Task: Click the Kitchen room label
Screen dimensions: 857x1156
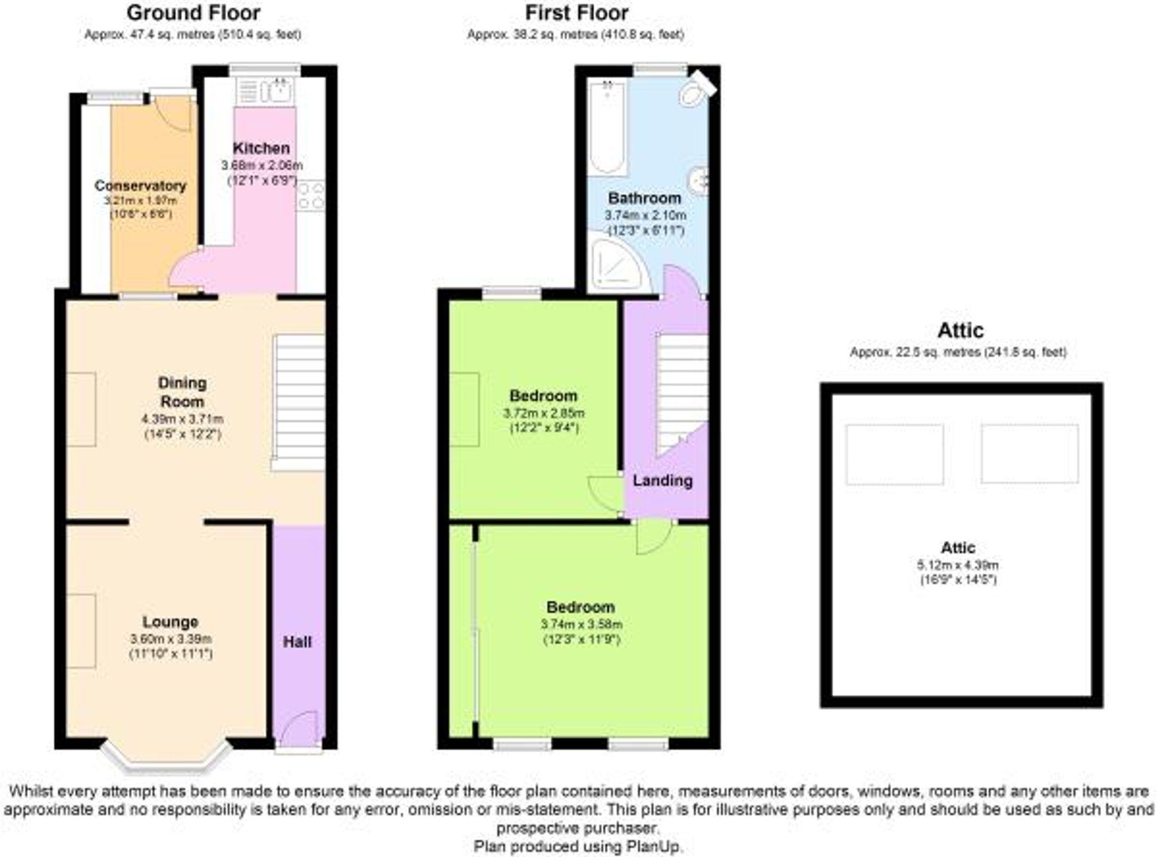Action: [x=261, y=148]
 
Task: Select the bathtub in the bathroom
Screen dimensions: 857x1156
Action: [x=607, y=127]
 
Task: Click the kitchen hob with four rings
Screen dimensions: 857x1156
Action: [x=310, y=196]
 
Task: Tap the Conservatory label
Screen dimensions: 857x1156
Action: [x=140, y=186]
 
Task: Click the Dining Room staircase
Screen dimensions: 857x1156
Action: [x=298, y=402]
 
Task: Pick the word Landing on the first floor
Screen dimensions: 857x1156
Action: [x=662, y=480]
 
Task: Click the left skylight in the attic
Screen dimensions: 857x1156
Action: [x=894, y=454]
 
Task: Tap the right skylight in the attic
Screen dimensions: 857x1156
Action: [x=1029, y=454]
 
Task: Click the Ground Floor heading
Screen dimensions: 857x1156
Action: [x=193, y=13]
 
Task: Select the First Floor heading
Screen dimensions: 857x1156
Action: [x=576, y=13]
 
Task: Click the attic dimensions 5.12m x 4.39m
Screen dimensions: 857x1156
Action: [x=958, y=565]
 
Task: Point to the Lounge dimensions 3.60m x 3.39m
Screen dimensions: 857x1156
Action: [x=171, y=639]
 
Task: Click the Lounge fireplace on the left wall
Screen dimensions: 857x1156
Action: [x=81, y=630]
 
